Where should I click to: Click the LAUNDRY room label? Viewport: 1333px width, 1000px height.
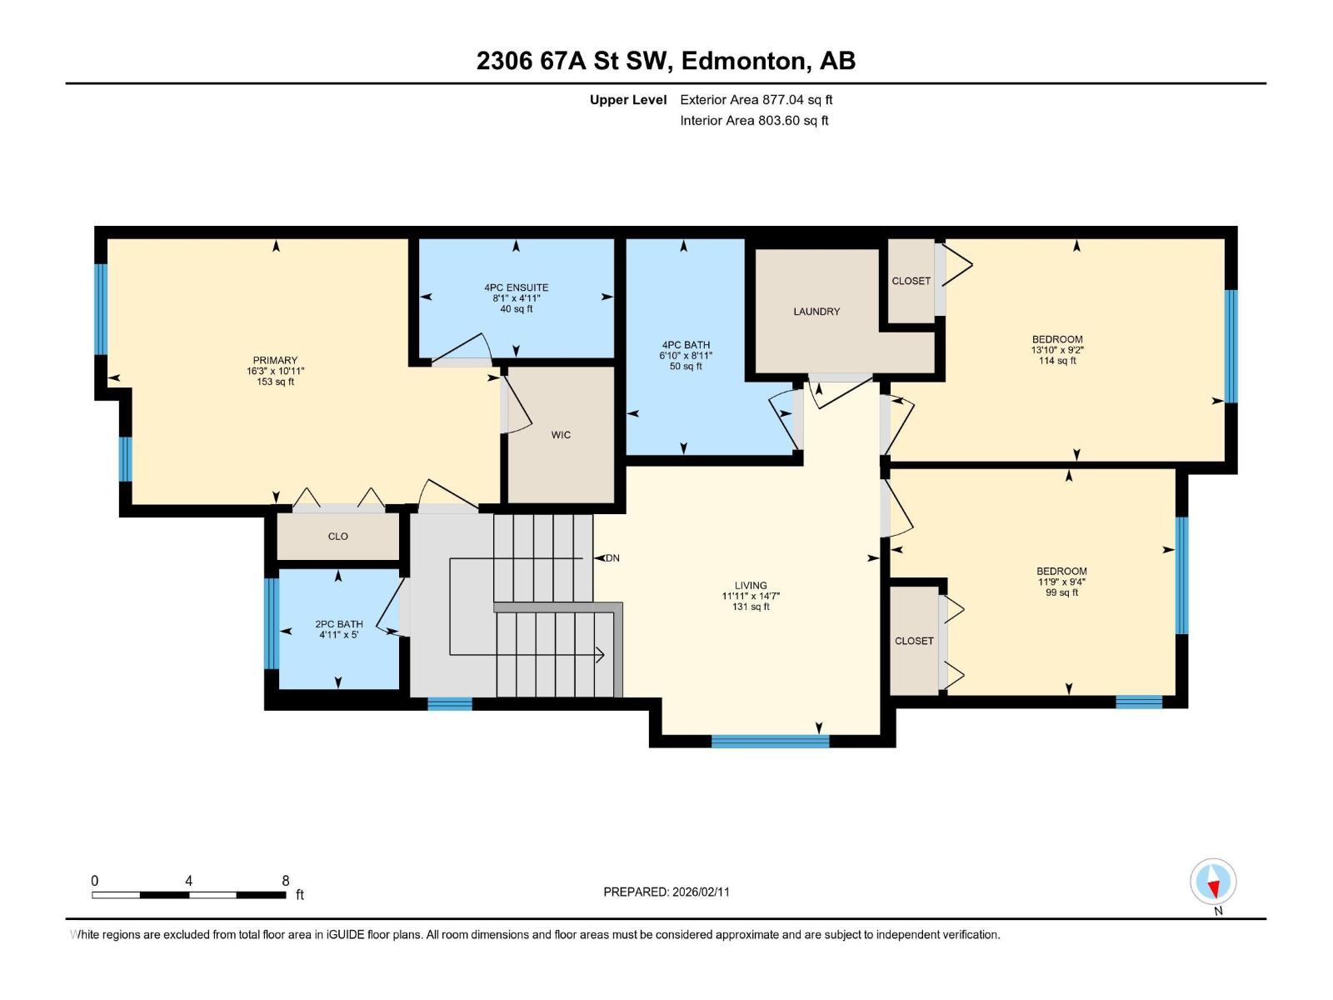pyautogui.click(x=816, y=312)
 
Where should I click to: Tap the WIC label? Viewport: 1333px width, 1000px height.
pyautogui.click(x=561, y=435)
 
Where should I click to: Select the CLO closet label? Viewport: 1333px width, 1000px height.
pyautogui.click(x=337, y=536)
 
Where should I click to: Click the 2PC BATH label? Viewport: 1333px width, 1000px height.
pyautogui.click(x=339, y=624)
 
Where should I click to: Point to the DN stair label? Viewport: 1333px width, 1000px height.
pyautogui.click(x=612, y=558)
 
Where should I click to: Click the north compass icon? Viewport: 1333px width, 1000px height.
pyautogui.click(x=1213, y=882)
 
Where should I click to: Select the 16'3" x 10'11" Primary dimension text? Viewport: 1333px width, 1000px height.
pyautogui.click(x=275, y=371)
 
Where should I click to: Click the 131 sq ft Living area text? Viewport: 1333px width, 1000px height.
pyautogui.click(x=751, y=607)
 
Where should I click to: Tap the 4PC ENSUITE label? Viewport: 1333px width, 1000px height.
pyautogui.click(x=517, y=287)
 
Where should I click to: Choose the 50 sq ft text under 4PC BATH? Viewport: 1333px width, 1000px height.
pyautogui.click(x=686, y=366)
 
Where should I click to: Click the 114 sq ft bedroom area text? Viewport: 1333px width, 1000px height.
pyautogui.click(x=1057, y=361)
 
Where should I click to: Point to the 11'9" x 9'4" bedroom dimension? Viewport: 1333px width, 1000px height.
pyautogui.click(x=1061, y=582)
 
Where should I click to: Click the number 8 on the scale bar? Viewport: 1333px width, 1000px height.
pyautogui.click(x=286, y=880)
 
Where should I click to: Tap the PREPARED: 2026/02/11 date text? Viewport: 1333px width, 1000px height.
pyautogui.click(x=666, y=892)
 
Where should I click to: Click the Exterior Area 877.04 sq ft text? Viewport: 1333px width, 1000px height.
pyautogui.click(x=756, y=99)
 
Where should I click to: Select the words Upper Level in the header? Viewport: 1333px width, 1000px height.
pyautogui.click(x=628, y=99)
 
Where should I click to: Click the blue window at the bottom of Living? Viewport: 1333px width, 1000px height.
pyautogui.click(x=770, y=742)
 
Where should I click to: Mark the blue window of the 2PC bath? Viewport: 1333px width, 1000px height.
pyautogui.click(x=271, y=623)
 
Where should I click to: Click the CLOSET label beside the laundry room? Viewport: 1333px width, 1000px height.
pyautogui.click(x=911, y=281)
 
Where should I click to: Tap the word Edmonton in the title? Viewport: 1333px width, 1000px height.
pyautogui.click(x=746, y=61)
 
